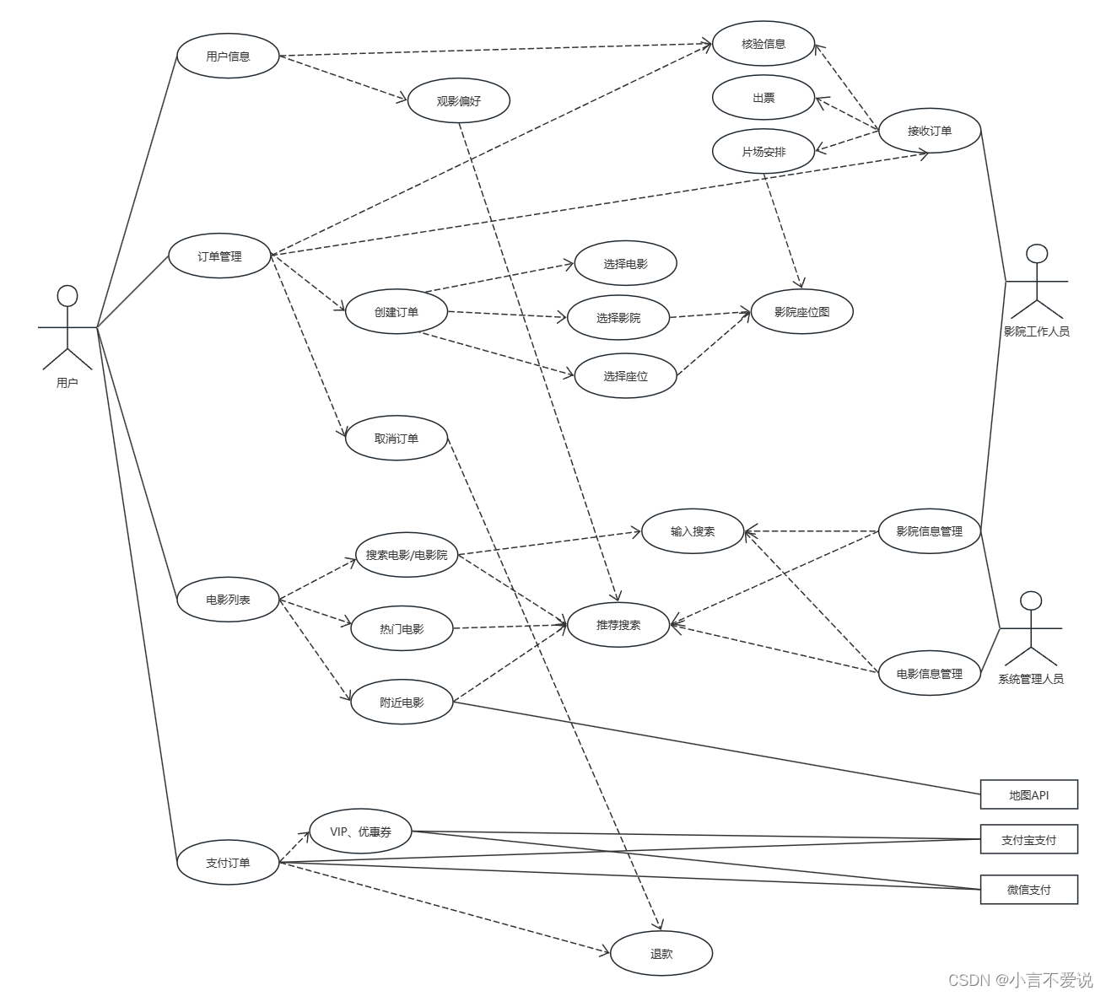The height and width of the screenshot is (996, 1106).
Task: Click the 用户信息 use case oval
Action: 228,57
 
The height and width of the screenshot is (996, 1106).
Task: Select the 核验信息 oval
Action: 763,44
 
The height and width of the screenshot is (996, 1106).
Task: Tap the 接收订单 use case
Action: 930,131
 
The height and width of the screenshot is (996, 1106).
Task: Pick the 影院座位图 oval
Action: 802,311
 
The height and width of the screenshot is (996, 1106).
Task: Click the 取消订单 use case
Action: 397,439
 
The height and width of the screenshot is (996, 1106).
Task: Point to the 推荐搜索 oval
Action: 618,625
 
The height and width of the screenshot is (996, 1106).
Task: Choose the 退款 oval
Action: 661,954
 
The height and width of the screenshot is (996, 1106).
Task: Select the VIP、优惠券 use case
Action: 360,832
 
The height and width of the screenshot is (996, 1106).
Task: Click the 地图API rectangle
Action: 1028,794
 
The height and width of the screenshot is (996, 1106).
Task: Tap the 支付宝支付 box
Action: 1028,840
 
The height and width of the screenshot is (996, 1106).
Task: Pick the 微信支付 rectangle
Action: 1028,889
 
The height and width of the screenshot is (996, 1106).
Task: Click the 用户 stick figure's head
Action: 67,295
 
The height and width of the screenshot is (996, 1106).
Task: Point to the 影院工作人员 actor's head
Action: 1037,255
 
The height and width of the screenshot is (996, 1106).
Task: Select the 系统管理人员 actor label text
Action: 1030,679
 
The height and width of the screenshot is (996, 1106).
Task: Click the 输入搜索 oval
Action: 693,531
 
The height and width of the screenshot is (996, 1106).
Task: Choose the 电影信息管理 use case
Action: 930,674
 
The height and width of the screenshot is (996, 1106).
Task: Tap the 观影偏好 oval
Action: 459,101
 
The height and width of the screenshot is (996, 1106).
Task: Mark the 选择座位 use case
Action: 626,376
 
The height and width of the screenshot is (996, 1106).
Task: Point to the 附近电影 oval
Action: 402,703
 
